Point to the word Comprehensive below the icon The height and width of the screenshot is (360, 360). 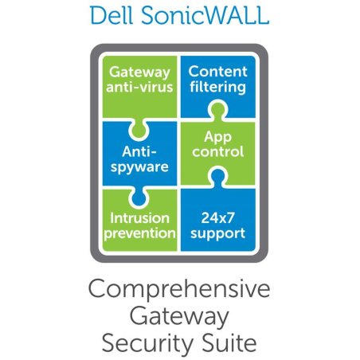pyautogui.click(x=180, y=292)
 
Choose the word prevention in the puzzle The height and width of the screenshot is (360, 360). pyautogui.click(x=141, y=233)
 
